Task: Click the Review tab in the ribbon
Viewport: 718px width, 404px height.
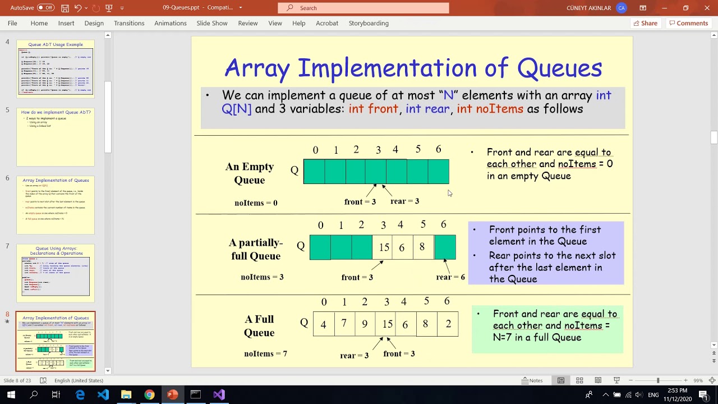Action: click(247, 23)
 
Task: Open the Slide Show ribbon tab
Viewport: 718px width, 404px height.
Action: click(212, 23)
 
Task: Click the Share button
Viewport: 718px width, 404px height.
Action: click(645, 23)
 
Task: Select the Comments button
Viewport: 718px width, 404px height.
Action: click(688, 23)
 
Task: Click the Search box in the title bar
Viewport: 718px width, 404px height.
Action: click(363, 8)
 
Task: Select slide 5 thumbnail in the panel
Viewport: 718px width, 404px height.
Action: click(56, 137)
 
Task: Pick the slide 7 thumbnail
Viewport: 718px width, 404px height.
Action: click(56, 273)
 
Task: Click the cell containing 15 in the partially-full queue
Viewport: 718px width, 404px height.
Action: click(384, 247)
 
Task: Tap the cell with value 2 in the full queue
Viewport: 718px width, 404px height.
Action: click(448, 324)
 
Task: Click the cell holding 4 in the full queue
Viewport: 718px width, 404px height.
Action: click(323, 324)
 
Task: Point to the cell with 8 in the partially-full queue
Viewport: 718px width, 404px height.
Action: click(422, 247)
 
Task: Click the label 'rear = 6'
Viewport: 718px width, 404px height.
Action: click(450, 277)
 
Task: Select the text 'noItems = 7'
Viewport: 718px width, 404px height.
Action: click(265, 353)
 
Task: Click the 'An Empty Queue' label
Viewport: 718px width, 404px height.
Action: click(250, 173)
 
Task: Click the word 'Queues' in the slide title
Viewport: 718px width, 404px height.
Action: click(559, 68)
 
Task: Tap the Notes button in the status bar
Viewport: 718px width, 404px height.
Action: click(532, 380)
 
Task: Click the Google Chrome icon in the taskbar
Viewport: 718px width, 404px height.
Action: click(149, 394)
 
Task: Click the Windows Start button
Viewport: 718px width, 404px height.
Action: click(11, 394)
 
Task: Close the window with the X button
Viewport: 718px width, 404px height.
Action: click(707, 8)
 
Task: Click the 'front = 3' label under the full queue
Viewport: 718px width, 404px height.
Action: click(399, 353)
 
